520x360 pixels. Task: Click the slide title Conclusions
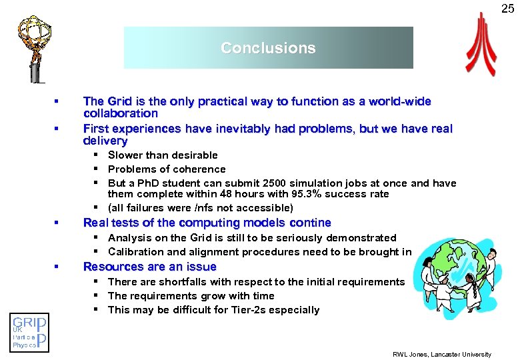pyautogui.click(x=268, y=48)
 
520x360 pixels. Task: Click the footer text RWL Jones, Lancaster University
pyautogui.click(x=441, y=354)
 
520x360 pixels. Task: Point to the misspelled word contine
pyautogui.click(x=308, y=223)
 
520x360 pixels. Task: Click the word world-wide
pyautogui.click(x=397, y=101)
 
